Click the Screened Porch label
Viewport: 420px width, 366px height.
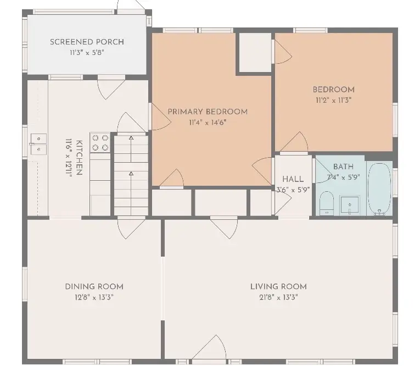pos(87,42)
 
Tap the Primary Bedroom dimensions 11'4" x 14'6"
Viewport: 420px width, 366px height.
pos(207,123)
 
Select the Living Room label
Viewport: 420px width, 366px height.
pos(278,286)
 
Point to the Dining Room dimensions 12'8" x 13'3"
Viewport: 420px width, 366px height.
pos(94,297)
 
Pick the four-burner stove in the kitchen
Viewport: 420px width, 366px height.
pos(100,143)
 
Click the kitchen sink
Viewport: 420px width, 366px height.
pos(38,144)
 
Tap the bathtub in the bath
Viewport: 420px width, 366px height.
pos(378,188)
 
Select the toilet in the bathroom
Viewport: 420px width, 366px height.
pos(326,202)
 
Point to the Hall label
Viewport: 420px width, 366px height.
pos(293,179)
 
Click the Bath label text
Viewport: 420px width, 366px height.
pos(343,167)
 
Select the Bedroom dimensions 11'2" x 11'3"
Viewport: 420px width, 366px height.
pos(333,101)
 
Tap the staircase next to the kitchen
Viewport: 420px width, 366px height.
pos(131,175)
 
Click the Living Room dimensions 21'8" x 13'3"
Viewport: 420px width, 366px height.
pos(278,297)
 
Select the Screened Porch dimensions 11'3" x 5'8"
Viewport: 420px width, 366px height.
pos(87,53)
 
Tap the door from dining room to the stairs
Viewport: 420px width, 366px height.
pos(132,227)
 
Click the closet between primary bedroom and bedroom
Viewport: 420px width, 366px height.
pos(255,52)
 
